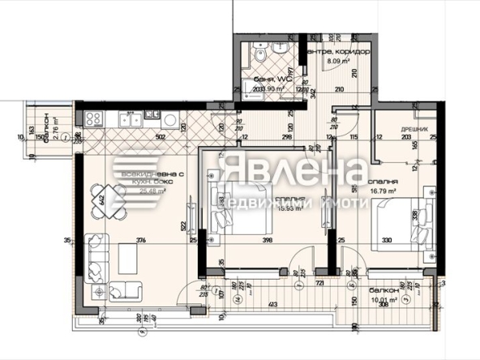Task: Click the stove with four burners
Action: point(92,119)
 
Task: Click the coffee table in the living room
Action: point(130,259)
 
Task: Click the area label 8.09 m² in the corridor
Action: point(338,60)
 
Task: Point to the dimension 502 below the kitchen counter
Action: point(161,137)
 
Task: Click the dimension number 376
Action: point(141,240)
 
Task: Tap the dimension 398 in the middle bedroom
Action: point(268,240)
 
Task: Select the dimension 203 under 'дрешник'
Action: point(405,138)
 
